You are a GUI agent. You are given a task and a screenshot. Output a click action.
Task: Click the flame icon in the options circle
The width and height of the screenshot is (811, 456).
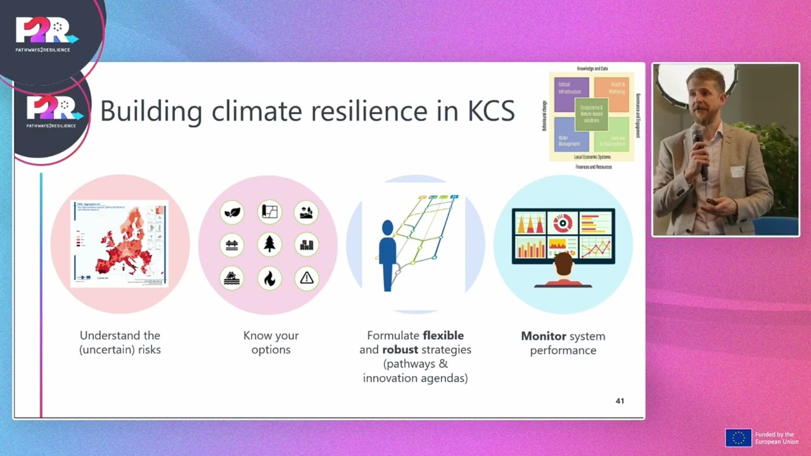(x=270, y=278)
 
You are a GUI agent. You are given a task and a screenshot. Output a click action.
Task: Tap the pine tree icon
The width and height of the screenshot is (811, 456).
(x=270, y=244)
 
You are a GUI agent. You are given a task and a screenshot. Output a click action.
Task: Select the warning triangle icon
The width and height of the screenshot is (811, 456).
(x=307, y=278)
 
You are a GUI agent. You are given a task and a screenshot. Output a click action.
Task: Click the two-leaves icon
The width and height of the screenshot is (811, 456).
(x=233, y=212)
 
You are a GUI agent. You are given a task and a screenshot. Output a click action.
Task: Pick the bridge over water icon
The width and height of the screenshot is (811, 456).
(x=233, y=244)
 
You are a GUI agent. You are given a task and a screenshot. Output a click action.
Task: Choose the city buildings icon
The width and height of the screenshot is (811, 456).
(x=307, y=244)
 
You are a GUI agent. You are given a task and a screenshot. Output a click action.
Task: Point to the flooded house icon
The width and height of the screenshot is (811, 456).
(x=233, y=278)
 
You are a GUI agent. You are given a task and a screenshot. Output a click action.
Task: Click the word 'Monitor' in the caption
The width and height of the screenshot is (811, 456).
(x=542, y=336)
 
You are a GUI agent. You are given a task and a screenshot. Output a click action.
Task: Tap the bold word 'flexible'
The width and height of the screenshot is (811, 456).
(x=443, y=336)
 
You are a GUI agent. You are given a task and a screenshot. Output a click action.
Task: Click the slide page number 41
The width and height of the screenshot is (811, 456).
(x=620, y=401)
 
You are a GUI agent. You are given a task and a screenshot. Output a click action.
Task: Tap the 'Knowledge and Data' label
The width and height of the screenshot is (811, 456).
(x=592, y=68)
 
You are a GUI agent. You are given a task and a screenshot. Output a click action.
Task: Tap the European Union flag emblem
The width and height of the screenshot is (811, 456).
(x=738, y=438)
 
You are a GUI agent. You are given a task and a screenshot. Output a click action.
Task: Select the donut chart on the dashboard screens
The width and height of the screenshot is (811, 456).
(x=563, y=222)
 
